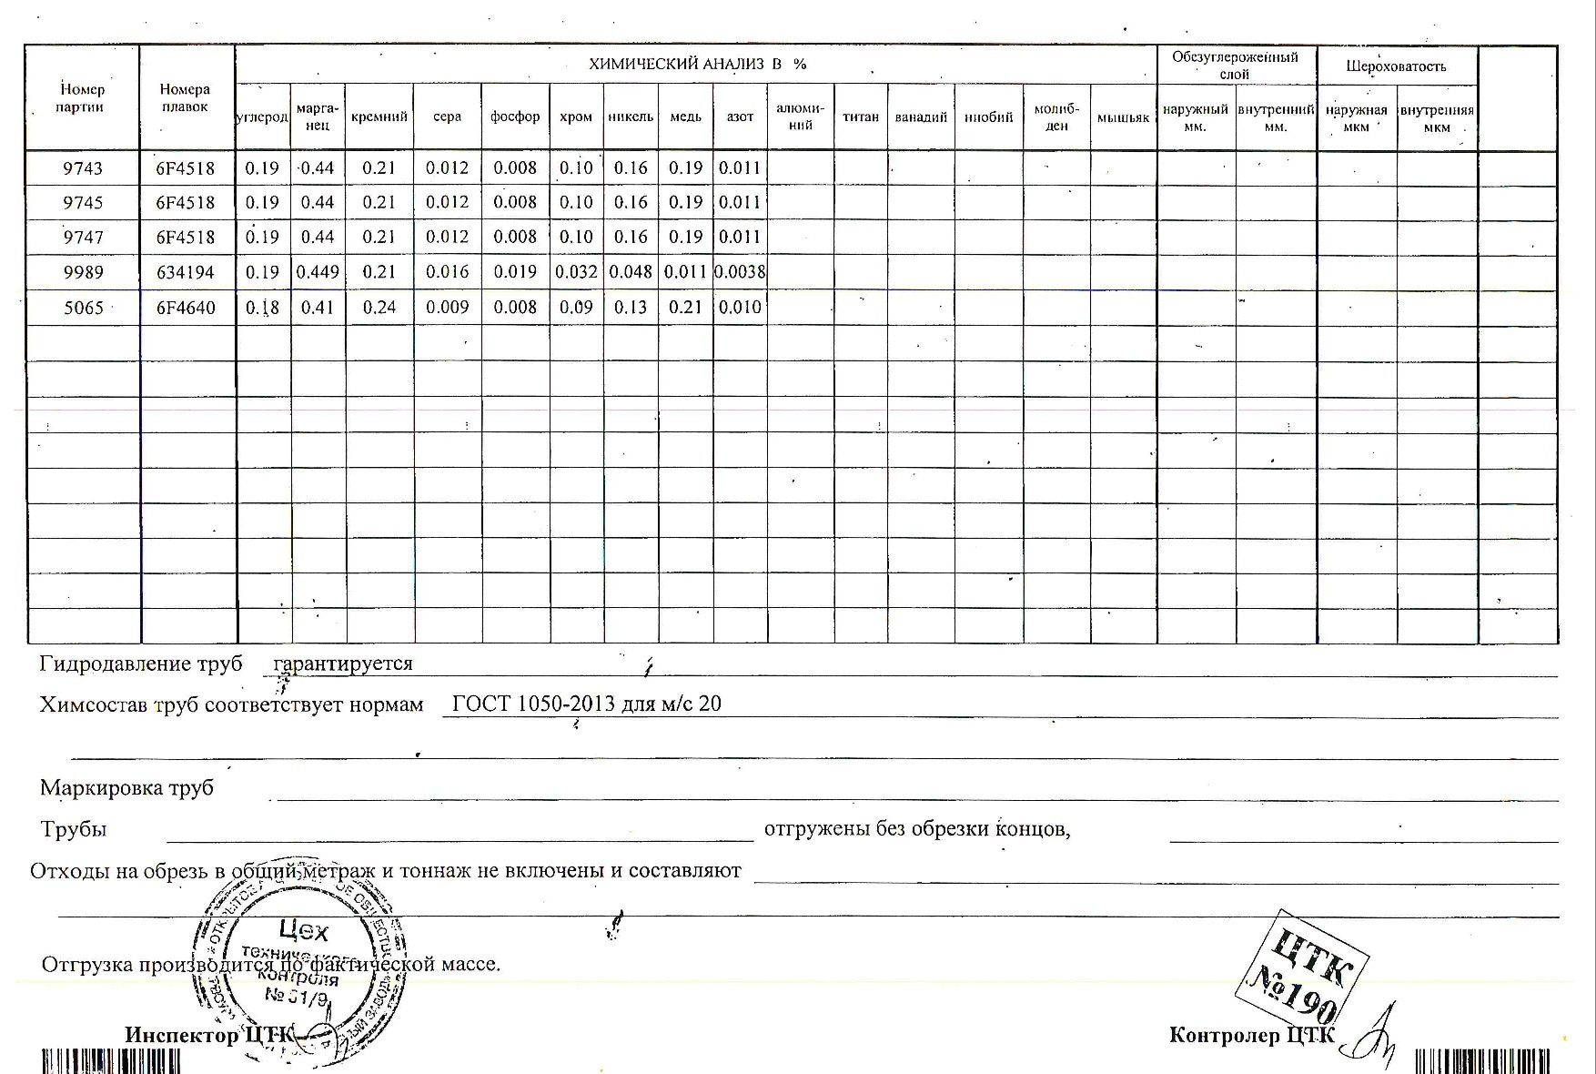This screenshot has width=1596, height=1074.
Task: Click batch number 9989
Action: point(83,272)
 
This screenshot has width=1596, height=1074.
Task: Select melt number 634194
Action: point(186,272)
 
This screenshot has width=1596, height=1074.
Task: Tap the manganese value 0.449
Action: point(318,272)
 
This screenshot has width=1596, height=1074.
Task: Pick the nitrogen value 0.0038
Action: point(740,272)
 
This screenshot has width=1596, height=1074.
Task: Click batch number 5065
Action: point(83,308)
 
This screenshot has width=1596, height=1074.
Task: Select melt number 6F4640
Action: point(186,308)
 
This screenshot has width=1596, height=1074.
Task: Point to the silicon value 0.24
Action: point(379,308)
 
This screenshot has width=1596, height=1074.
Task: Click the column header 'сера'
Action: point(447,117)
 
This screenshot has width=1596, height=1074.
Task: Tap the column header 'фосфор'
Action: point(515,117)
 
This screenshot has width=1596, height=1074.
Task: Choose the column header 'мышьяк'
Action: point(1123,117)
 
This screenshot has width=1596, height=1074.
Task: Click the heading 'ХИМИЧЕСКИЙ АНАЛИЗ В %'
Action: point(697,64)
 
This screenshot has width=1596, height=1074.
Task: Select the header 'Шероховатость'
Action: point(1396,66)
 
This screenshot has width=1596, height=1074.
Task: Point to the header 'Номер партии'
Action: point(82,98)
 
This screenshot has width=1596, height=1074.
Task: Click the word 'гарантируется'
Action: point(343,664)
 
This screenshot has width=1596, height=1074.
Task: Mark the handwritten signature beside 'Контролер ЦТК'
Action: point(1374,1038)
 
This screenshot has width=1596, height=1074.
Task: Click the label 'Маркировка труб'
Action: point(126,787)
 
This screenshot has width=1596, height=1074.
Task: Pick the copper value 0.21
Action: point(685,308)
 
